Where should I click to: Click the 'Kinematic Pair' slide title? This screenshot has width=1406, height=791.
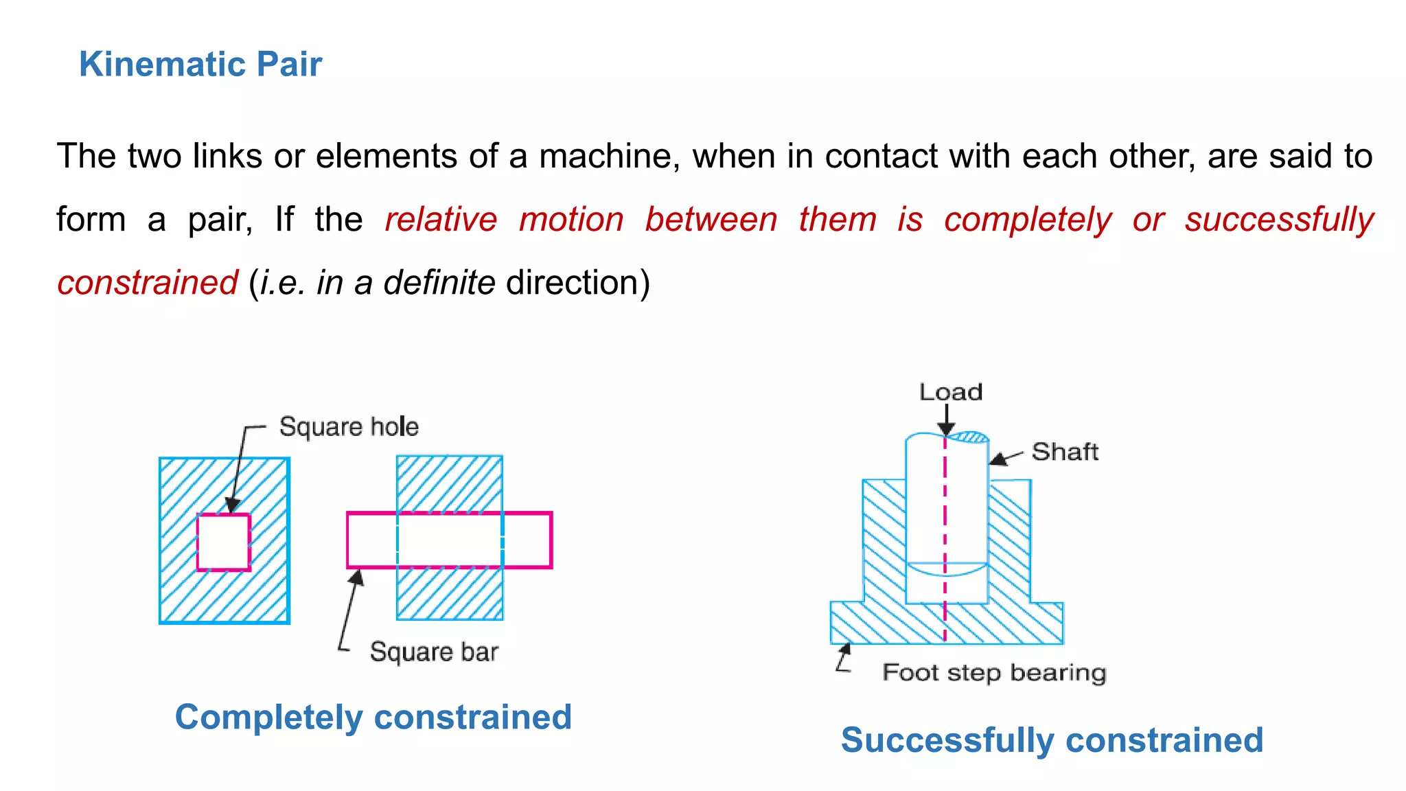point(200,65)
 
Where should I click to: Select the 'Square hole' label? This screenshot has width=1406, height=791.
point(349,427)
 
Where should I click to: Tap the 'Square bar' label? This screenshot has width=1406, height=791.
point(434,652)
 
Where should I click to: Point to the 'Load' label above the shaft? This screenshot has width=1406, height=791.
point(951,392)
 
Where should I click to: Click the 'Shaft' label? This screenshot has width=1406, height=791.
point(1065,452)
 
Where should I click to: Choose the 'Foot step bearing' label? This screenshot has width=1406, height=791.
point(994,672)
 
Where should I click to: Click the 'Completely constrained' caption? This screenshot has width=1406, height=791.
point(373,718)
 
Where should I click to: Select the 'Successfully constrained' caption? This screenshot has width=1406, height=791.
point(1052,740)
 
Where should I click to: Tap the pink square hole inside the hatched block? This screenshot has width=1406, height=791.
point(224,542)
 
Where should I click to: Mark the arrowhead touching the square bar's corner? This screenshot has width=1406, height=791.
point(356,578)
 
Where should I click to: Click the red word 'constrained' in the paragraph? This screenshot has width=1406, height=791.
point(148,283)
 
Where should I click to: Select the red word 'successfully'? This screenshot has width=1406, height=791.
point(1279,220)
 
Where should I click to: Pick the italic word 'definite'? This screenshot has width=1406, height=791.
point(439,283)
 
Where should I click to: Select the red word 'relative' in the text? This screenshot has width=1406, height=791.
point(441,220)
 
